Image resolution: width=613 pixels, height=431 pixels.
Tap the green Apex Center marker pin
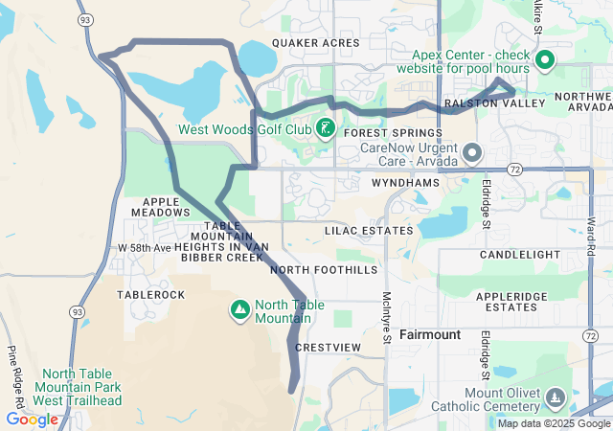coord(545,61)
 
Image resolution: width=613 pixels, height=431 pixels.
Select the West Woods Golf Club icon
coord(325,128)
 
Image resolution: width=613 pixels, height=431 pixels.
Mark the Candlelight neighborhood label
coord(528,255)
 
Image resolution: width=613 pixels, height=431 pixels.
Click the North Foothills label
coord(324,270)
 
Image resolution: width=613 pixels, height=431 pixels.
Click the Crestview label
coord(329,347)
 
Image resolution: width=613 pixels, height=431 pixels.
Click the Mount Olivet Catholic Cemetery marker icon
coord(555,397)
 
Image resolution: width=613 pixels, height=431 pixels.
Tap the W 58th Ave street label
coord(144,248)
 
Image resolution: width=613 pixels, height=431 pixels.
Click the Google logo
coord(33,419)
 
